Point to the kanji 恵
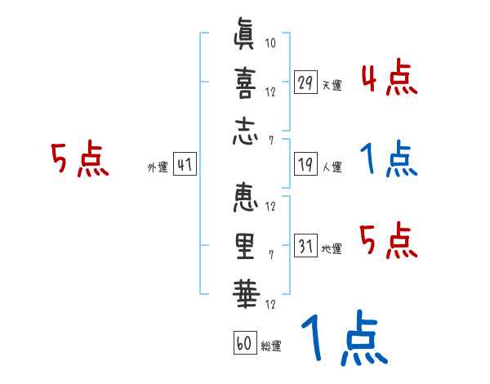pos(244,199)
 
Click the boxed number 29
pos(305,83)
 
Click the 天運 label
pos(332,85)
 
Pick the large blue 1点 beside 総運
pos(343,340)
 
